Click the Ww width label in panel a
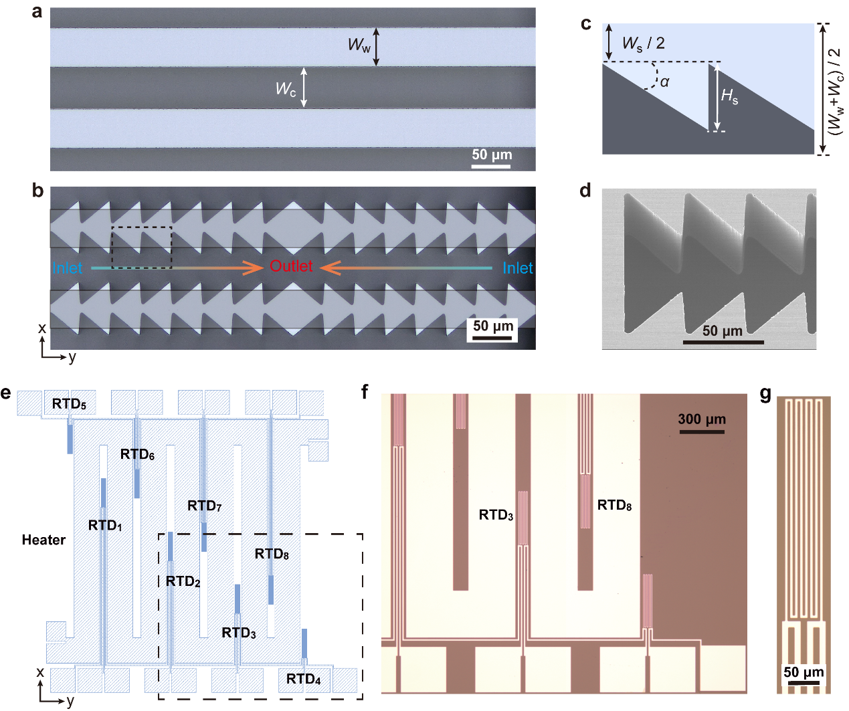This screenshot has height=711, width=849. pyautogui.click(x=359, y=45)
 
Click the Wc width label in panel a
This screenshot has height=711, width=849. pyautogui.click(x=286, y=89)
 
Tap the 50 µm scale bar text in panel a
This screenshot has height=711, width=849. pyautogui.click(x=492, y=155)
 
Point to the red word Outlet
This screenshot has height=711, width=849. pyautogui.click(x=291, y=266)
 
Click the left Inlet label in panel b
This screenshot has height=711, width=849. pyautogui.click(x=68, y=268)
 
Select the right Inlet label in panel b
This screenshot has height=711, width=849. pyautogui.click(x=518, y=268)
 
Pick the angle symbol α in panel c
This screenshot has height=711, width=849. pyautogui.click(x=664, y=82)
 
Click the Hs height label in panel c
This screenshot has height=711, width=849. pyautogui.click(x=729, y=97)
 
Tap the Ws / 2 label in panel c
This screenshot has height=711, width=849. pyautogui.click(x=643, y=43)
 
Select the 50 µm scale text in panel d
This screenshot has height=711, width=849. pyautogui.click(x=723, y=330)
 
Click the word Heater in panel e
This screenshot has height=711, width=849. pyautogui.click(x=43, y=540)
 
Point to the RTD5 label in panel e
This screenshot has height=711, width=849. pyautogui.click(x=69, y=404)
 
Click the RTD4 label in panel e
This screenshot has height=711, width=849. pyautogui.click(x=304, y=680)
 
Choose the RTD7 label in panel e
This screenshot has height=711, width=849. pyautogui.click(x=205, y=506)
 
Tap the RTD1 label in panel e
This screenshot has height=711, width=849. pyautogui.click(x=105, y=526)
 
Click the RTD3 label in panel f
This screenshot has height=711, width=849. pyautogui.click(x=496, y=515)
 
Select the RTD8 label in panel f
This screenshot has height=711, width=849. pyautogui.click(x=614, y=505)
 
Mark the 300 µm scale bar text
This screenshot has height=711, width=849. pyautogui.click(x=702, y=419)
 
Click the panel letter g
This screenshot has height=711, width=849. pyautogui.click(x=766, y=394)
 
